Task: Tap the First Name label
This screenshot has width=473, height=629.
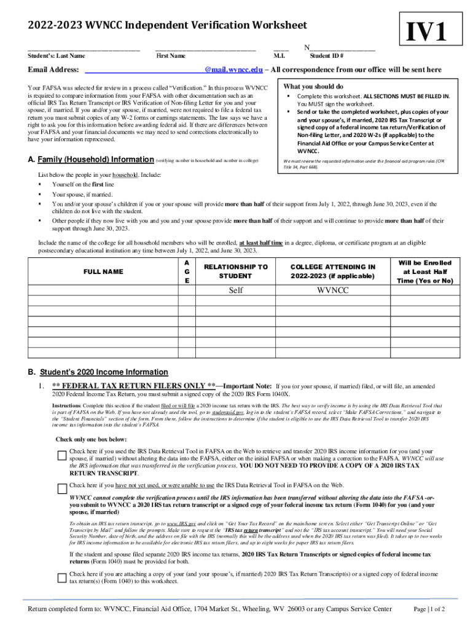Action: (171, 56)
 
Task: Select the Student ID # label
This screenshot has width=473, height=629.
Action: (326, 56)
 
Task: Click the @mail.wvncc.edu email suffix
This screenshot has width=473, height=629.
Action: (234, 70)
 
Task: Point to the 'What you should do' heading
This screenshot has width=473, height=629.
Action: (313, 87)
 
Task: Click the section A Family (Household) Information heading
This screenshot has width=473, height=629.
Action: (92, 160)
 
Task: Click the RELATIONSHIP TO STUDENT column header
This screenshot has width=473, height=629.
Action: (236, 272)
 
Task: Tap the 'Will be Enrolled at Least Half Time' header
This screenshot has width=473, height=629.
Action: (426, 272)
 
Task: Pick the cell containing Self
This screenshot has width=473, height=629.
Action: (236, 291)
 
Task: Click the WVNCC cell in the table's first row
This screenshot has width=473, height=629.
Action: (332, 291)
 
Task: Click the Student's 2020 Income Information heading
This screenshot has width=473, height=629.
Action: (104, 372)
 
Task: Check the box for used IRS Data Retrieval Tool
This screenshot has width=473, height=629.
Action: (61, 455)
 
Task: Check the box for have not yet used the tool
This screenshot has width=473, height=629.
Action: (61, 489)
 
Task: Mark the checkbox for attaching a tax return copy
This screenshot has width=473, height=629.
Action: (61, 577)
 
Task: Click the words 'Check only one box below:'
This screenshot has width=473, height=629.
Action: (92, 439)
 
